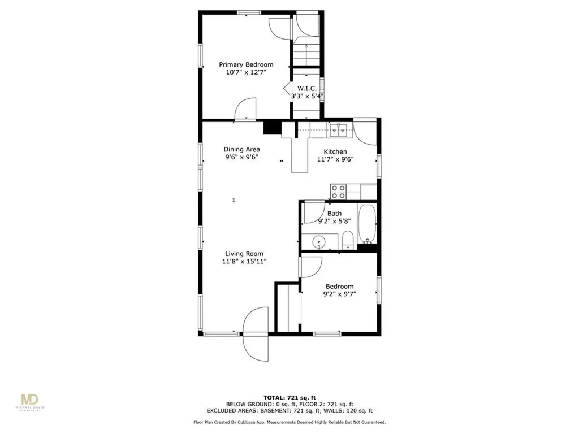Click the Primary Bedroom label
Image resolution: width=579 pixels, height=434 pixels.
pyautogui.click(x=246, y=64)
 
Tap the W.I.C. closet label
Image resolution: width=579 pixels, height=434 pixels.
pyautogui.click(x=307, y=89)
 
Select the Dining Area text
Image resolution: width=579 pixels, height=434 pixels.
pyautogui.click(x=242, y=149)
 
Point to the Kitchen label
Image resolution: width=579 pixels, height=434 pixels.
pyautogui.click(x=335, y=151)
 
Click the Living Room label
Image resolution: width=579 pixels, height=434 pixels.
pyautogui.click(x=244, y=254)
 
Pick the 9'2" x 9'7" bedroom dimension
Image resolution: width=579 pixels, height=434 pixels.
pyautogui.click(x=339, y=294)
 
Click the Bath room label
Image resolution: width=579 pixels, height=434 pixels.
pyautogui.click(x=334, y=213)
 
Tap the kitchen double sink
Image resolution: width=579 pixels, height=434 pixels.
pyautogui.click(x=339, y=129)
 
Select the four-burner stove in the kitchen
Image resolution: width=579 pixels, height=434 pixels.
pyautogui.click(x=338, y=192)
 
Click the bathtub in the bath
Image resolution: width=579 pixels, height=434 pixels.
pyautogui.click(x=367, y=223)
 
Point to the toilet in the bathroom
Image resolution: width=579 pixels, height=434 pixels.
pyautogui.click(x=348, y=240)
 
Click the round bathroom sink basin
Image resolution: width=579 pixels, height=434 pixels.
pyautogui.click(x=318, y=242)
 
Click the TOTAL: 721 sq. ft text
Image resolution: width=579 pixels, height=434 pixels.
pyautogui.click(x=289, y=397)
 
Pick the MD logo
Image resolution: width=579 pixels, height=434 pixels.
pyautogui.click(x=29, y=401)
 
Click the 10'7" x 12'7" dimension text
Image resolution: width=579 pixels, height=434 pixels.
pyautogui.click(x=246, y=72)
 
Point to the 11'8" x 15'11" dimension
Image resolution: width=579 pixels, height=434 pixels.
pyautogui.click(x=244, y=262)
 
